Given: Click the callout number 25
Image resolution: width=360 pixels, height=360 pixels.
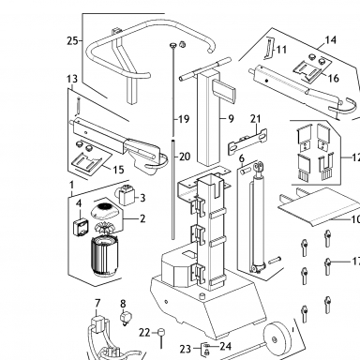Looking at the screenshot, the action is point(72,40).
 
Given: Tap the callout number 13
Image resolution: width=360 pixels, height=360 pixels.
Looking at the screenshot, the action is point(72,79).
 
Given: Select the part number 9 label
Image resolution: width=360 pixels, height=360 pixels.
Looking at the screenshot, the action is point(231,119).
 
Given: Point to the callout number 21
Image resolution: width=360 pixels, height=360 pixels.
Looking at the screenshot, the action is point(256,119).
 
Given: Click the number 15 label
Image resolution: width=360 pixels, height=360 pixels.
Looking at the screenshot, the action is point(118,170).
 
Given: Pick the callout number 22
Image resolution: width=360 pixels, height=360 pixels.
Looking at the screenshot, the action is point(144,333).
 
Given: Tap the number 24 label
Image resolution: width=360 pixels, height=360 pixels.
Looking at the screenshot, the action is point(225,346).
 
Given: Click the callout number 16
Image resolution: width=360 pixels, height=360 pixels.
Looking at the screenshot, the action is point(334,78).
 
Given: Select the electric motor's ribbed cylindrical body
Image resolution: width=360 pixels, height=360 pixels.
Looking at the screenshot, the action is point(103,256).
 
